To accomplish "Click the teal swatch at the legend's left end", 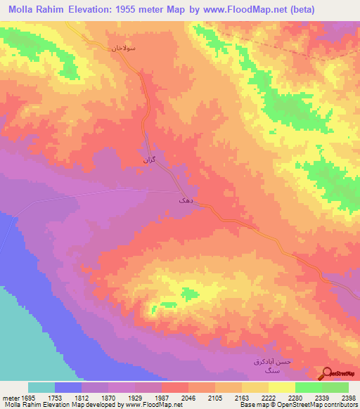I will (x=41, y=387).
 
